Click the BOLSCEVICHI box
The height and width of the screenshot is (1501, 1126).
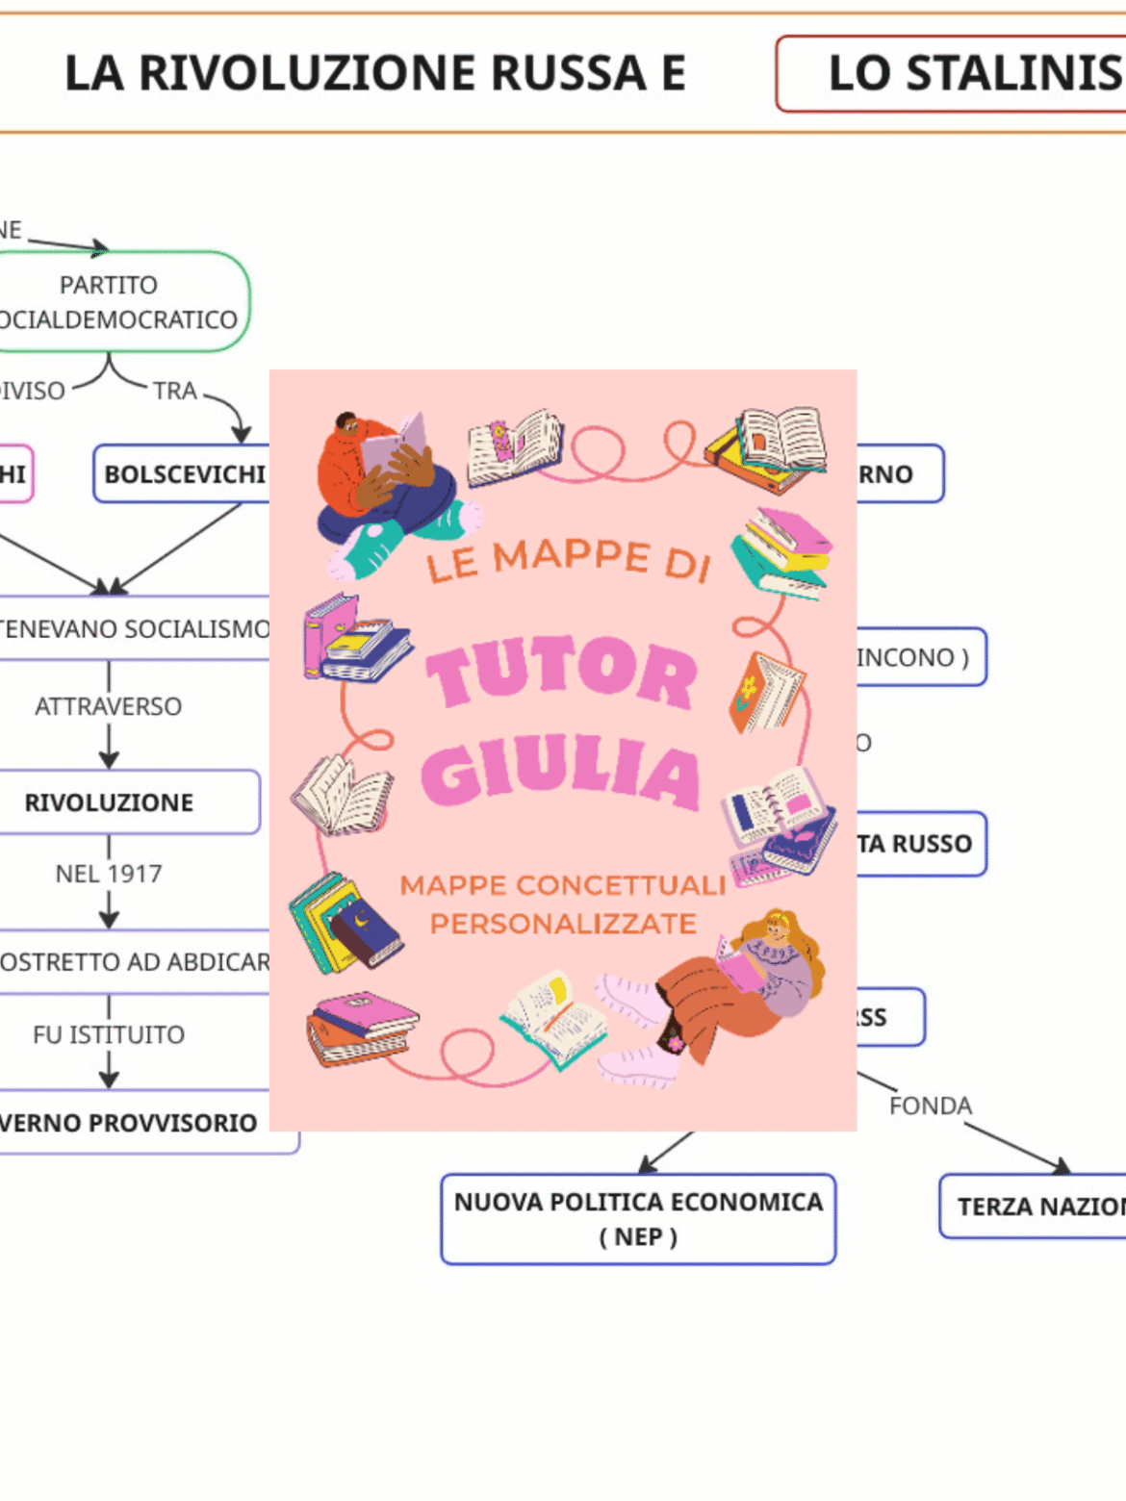pyautogui.click(x=183, y=474)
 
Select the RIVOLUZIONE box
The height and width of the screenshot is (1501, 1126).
pyautogui.click(x=115, y=802)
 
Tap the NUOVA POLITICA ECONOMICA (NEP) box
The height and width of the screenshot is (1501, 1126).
pyautogui.click(x=638, y=1218)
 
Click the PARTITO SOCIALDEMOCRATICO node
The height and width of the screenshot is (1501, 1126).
pyautogui.click(x=115, y=302)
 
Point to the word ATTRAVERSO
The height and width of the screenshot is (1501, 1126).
pyautogui.click(x=108, y=707)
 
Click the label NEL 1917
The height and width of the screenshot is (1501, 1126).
pyautogui.click(x=108, y=874)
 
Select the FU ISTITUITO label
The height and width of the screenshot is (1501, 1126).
pyautogui.click(x=108, y=1035)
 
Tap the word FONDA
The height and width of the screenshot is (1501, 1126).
pyautogui.click(x=930, y=1107)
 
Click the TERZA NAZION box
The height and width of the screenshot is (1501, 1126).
pyautogui.click(x=1035, y=1207)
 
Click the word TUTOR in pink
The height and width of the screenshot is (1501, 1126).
pyautogui.click(x=562, y=673)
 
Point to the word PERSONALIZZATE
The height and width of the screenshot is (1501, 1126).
pyautogui.click(x=563, y=924)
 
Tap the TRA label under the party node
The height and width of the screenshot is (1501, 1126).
pyautogui.click(x=174, y=392)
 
